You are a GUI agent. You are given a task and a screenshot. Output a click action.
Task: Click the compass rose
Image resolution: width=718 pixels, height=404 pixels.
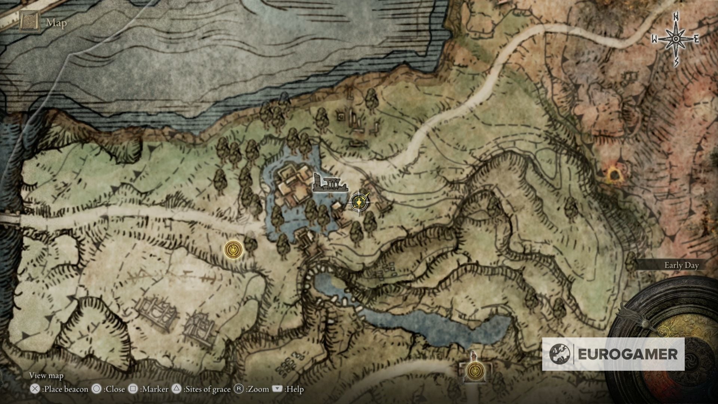pos(676,39)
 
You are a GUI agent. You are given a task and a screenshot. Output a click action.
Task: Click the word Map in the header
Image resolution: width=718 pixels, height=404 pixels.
pos(56,23)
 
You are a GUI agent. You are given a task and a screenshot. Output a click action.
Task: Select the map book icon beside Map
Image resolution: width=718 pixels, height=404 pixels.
pos(30,22)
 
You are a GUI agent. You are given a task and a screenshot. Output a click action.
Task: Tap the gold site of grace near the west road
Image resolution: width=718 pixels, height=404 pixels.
pos(234,249)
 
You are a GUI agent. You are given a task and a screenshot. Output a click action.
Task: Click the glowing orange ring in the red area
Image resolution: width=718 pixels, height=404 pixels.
pos(613,175)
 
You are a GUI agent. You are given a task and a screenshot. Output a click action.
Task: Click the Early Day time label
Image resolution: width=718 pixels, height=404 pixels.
pos(681,266)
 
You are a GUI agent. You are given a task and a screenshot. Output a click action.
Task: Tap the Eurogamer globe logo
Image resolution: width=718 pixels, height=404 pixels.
pos(560,354)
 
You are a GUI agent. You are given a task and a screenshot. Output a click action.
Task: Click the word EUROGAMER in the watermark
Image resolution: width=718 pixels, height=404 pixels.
pos(628,354)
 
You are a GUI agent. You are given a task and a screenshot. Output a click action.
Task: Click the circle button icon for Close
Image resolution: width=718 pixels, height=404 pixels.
pos(96,389)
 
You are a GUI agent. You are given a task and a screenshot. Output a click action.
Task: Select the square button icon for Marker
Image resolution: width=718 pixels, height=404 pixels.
pos(133,389)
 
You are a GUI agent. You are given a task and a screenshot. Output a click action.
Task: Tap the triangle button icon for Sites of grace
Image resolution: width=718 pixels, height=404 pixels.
pos(176,389)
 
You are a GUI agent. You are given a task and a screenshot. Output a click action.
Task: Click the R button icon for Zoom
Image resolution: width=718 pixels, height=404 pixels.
pos(239,389)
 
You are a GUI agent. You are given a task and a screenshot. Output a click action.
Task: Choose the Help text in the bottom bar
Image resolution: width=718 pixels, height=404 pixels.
pos(295,389)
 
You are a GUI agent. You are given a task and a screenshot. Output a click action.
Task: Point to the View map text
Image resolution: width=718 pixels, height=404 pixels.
pos(46,376)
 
